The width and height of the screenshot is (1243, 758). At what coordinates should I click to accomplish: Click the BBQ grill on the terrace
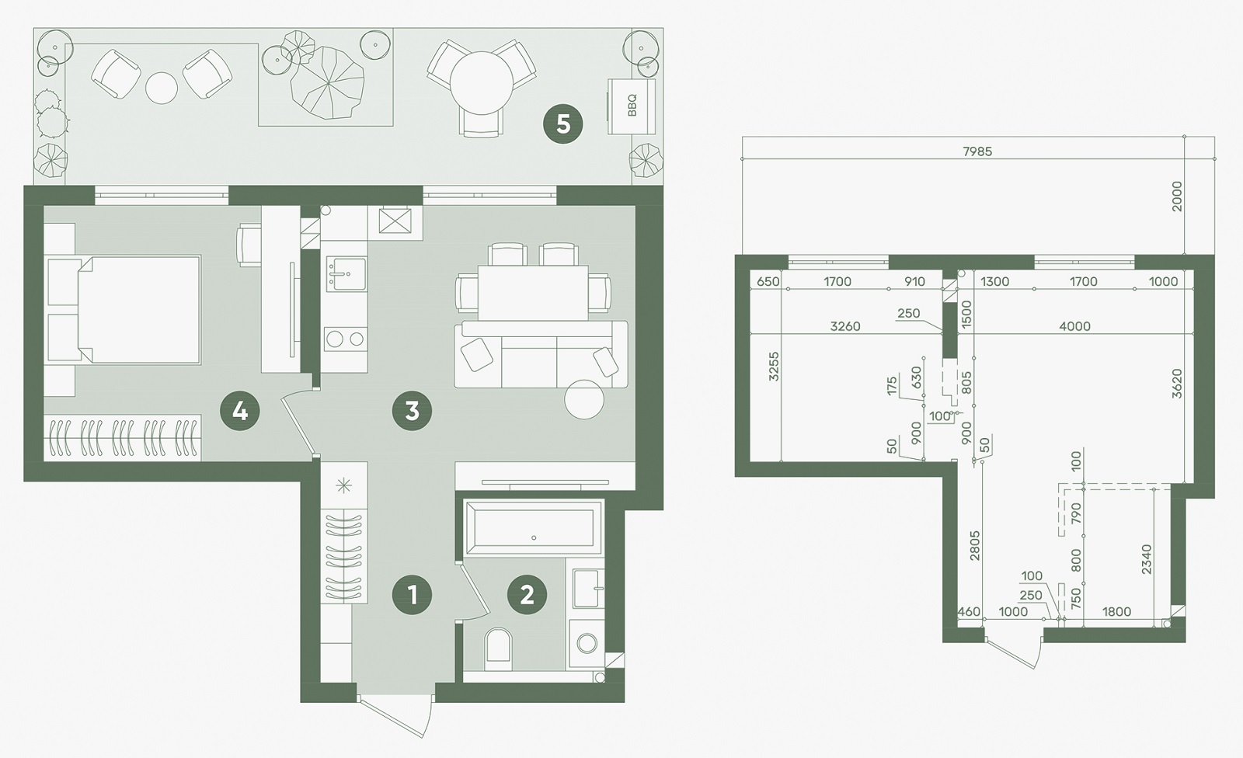[x=632, y=106]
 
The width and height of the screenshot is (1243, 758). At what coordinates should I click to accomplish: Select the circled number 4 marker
[x=240, y=411]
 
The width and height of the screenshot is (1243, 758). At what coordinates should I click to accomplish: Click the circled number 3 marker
[x=412, y=411]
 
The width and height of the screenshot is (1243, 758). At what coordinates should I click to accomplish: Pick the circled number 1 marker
[x=412, y=596]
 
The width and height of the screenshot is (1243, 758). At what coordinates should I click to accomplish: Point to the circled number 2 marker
[x=527, y=596]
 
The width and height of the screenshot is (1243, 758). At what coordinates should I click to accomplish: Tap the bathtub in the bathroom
[x=533, y=527]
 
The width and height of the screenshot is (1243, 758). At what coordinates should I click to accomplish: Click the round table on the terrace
[x=482, y=83]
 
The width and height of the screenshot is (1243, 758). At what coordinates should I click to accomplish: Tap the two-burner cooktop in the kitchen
[x=345, y=339]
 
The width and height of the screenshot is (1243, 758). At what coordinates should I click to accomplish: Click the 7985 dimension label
[x=977, y=151]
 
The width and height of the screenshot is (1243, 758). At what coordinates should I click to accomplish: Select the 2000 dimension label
[x=1177, y=196]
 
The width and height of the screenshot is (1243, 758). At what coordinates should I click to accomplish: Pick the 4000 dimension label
[x=1075, y=326]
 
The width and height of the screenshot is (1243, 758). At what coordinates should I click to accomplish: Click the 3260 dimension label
[x=845, y=326]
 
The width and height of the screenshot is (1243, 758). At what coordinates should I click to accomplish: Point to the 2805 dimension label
[x=974, y=546]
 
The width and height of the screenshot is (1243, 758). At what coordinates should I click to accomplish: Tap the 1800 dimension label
[x=1116, y=611]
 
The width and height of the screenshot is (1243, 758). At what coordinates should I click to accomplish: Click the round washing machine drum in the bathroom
[x=587, y=644]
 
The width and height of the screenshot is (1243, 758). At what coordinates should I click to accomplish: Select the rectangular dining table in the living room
[x=533, y=293]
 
